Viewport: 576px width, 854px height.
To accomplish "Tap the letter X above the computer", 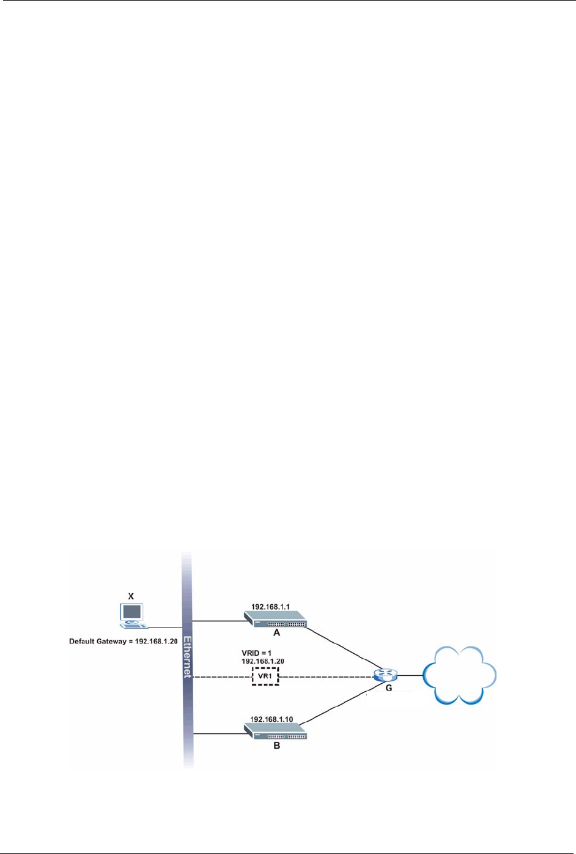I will coord(130,595).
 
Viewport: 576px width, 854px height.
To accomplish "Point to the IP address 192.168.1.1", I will coord(270,607).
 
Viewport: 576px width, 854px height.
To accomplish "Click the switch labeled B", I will coord(276,730).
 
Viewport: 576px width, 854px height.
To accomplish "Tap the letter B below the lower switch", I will coord(276,746).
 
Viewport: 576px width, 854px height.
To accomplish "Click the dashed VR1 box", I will coord(265,676).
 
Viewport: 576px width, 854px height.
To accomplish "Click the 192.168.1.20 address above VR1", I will coord(263,661).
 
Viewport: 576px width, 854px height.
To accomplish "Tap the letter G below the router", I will coord(388,688).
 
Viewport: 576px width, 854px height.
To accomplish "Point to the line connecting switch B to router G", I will coord(342,704).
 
